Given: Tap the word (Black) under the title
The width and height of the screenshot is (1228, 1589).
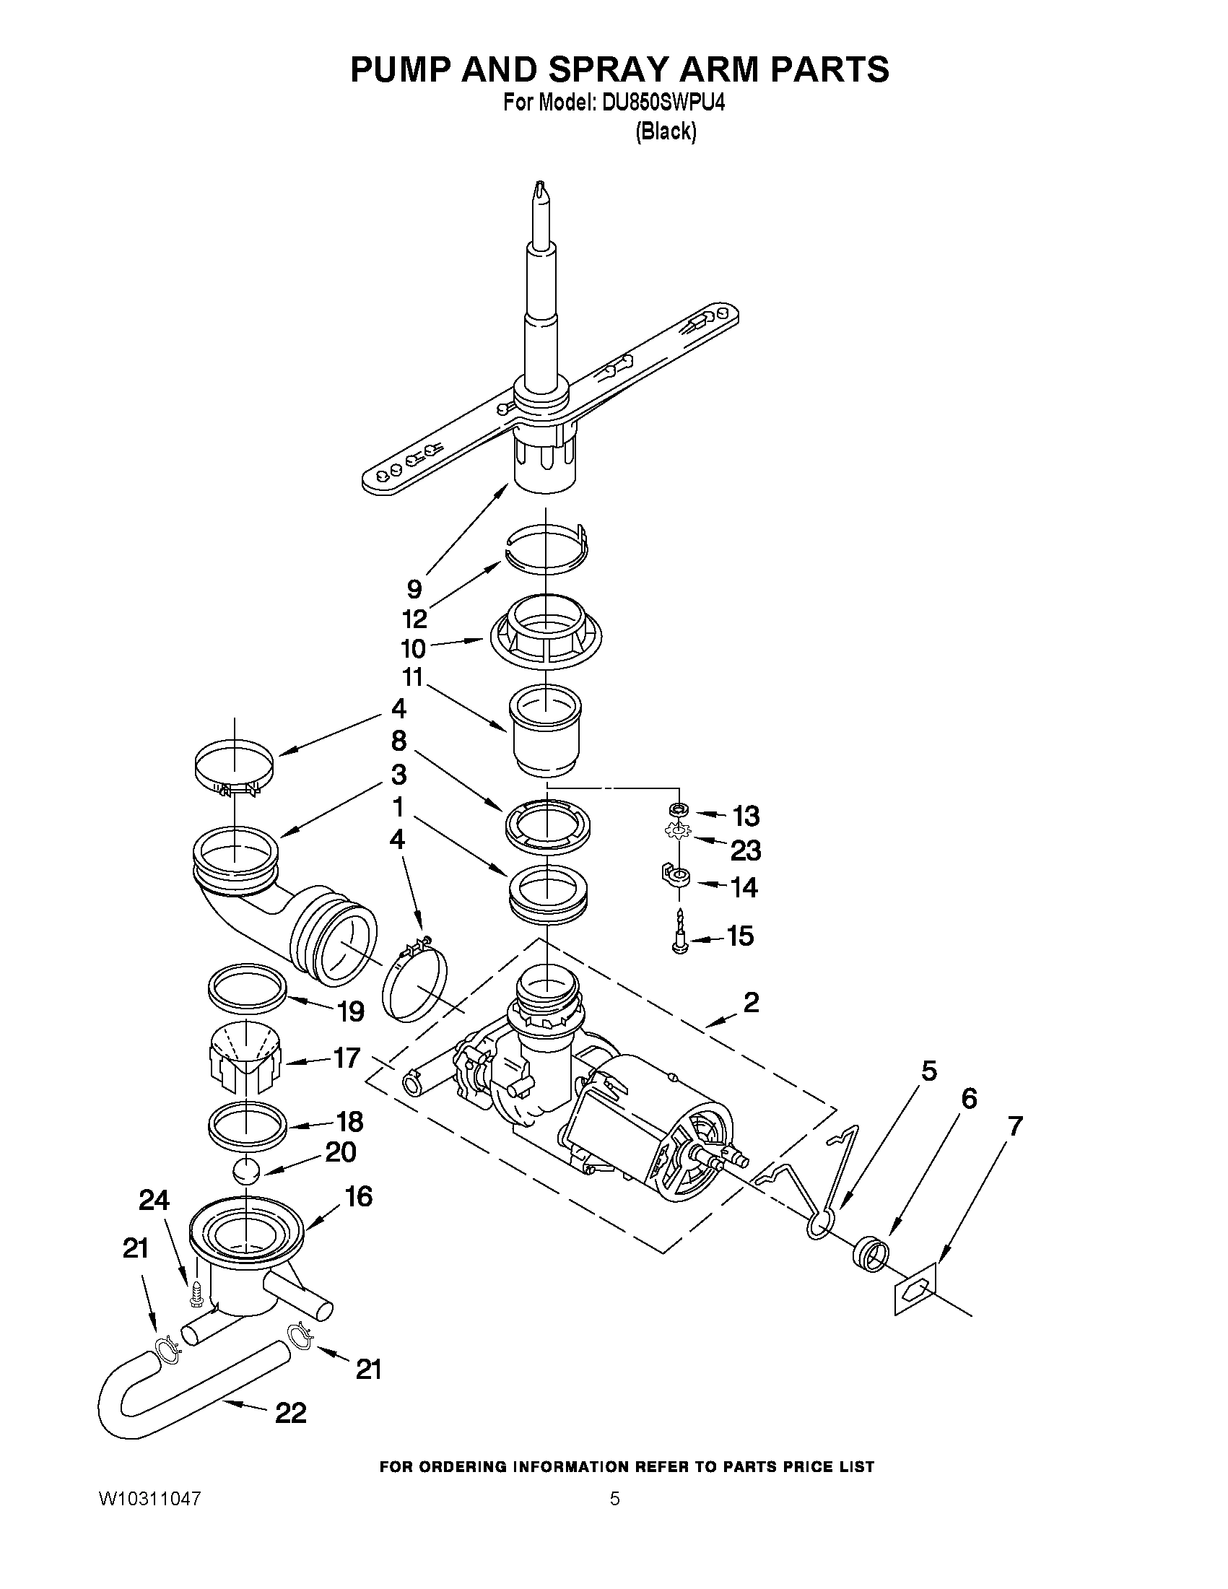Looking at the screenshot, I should pyautogui.click(x=666, y=131).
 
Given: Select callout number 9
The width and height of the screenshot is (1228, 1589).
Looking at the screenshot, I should pyautogui.click(x=414, y=588).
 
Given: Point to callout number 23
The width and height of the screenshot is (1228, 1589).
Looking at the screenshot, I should pyautogui.click(x=745, y=850).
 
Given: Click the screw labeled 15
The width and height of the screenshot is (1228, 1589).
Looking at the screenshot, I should pyautogui.click(x=680, y=936).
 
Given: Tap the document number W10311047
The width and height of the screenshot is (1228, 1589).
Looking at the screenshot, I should pyautogui.click(x=149, y=1498).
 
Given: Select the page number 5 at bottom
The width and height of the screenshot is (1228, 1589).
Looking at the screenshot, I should pyautogui.click(x=615, y=1498).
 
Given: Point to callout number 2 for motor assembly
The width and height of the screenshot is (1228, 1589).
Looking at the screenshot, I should pyautogui.click(x=751, y=1003).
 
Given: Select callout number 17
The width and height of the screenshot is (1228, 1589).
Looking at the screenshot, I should pyautogui.click(x=347, y=1057).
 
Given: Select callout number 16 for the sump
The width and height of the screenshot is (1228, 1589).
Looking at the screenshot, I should pyautogui.click(x=357, y=1196).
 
